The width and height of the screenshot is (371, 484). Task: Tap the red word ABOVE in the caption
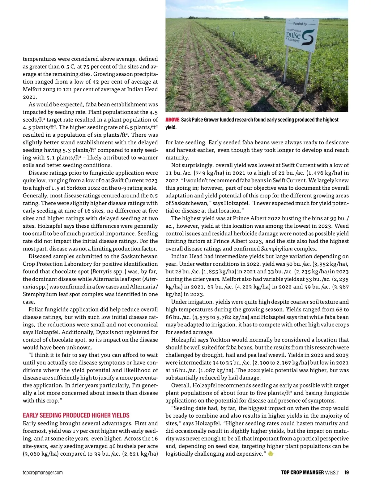click(173, 120)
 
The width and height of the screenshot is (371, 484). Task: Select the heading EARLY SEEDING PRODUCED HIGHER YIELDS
click(76, 415)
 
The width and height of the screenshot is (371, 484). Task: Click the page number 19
click(346, 472)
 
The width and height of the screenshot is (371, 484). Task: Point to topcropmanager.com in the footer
click(43, 472)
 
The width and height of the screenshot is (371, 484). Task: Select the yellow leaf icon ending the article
click(271, 454)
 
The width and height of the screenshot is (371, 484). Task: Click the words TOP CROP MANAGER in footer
click(302, 472)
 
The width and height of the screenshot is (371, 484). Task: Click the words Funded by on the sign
click(300, 24)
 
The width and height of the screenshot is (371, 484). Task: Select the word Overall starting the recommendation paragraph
click(181, 385)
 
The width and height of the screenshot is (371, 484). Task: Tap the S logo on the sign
click(308, 38)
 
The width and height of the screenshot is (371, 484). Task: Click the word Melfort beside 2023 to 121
click(34, 89)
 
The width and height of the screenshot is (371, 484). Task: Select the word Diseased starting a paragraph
click(40, 256)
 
